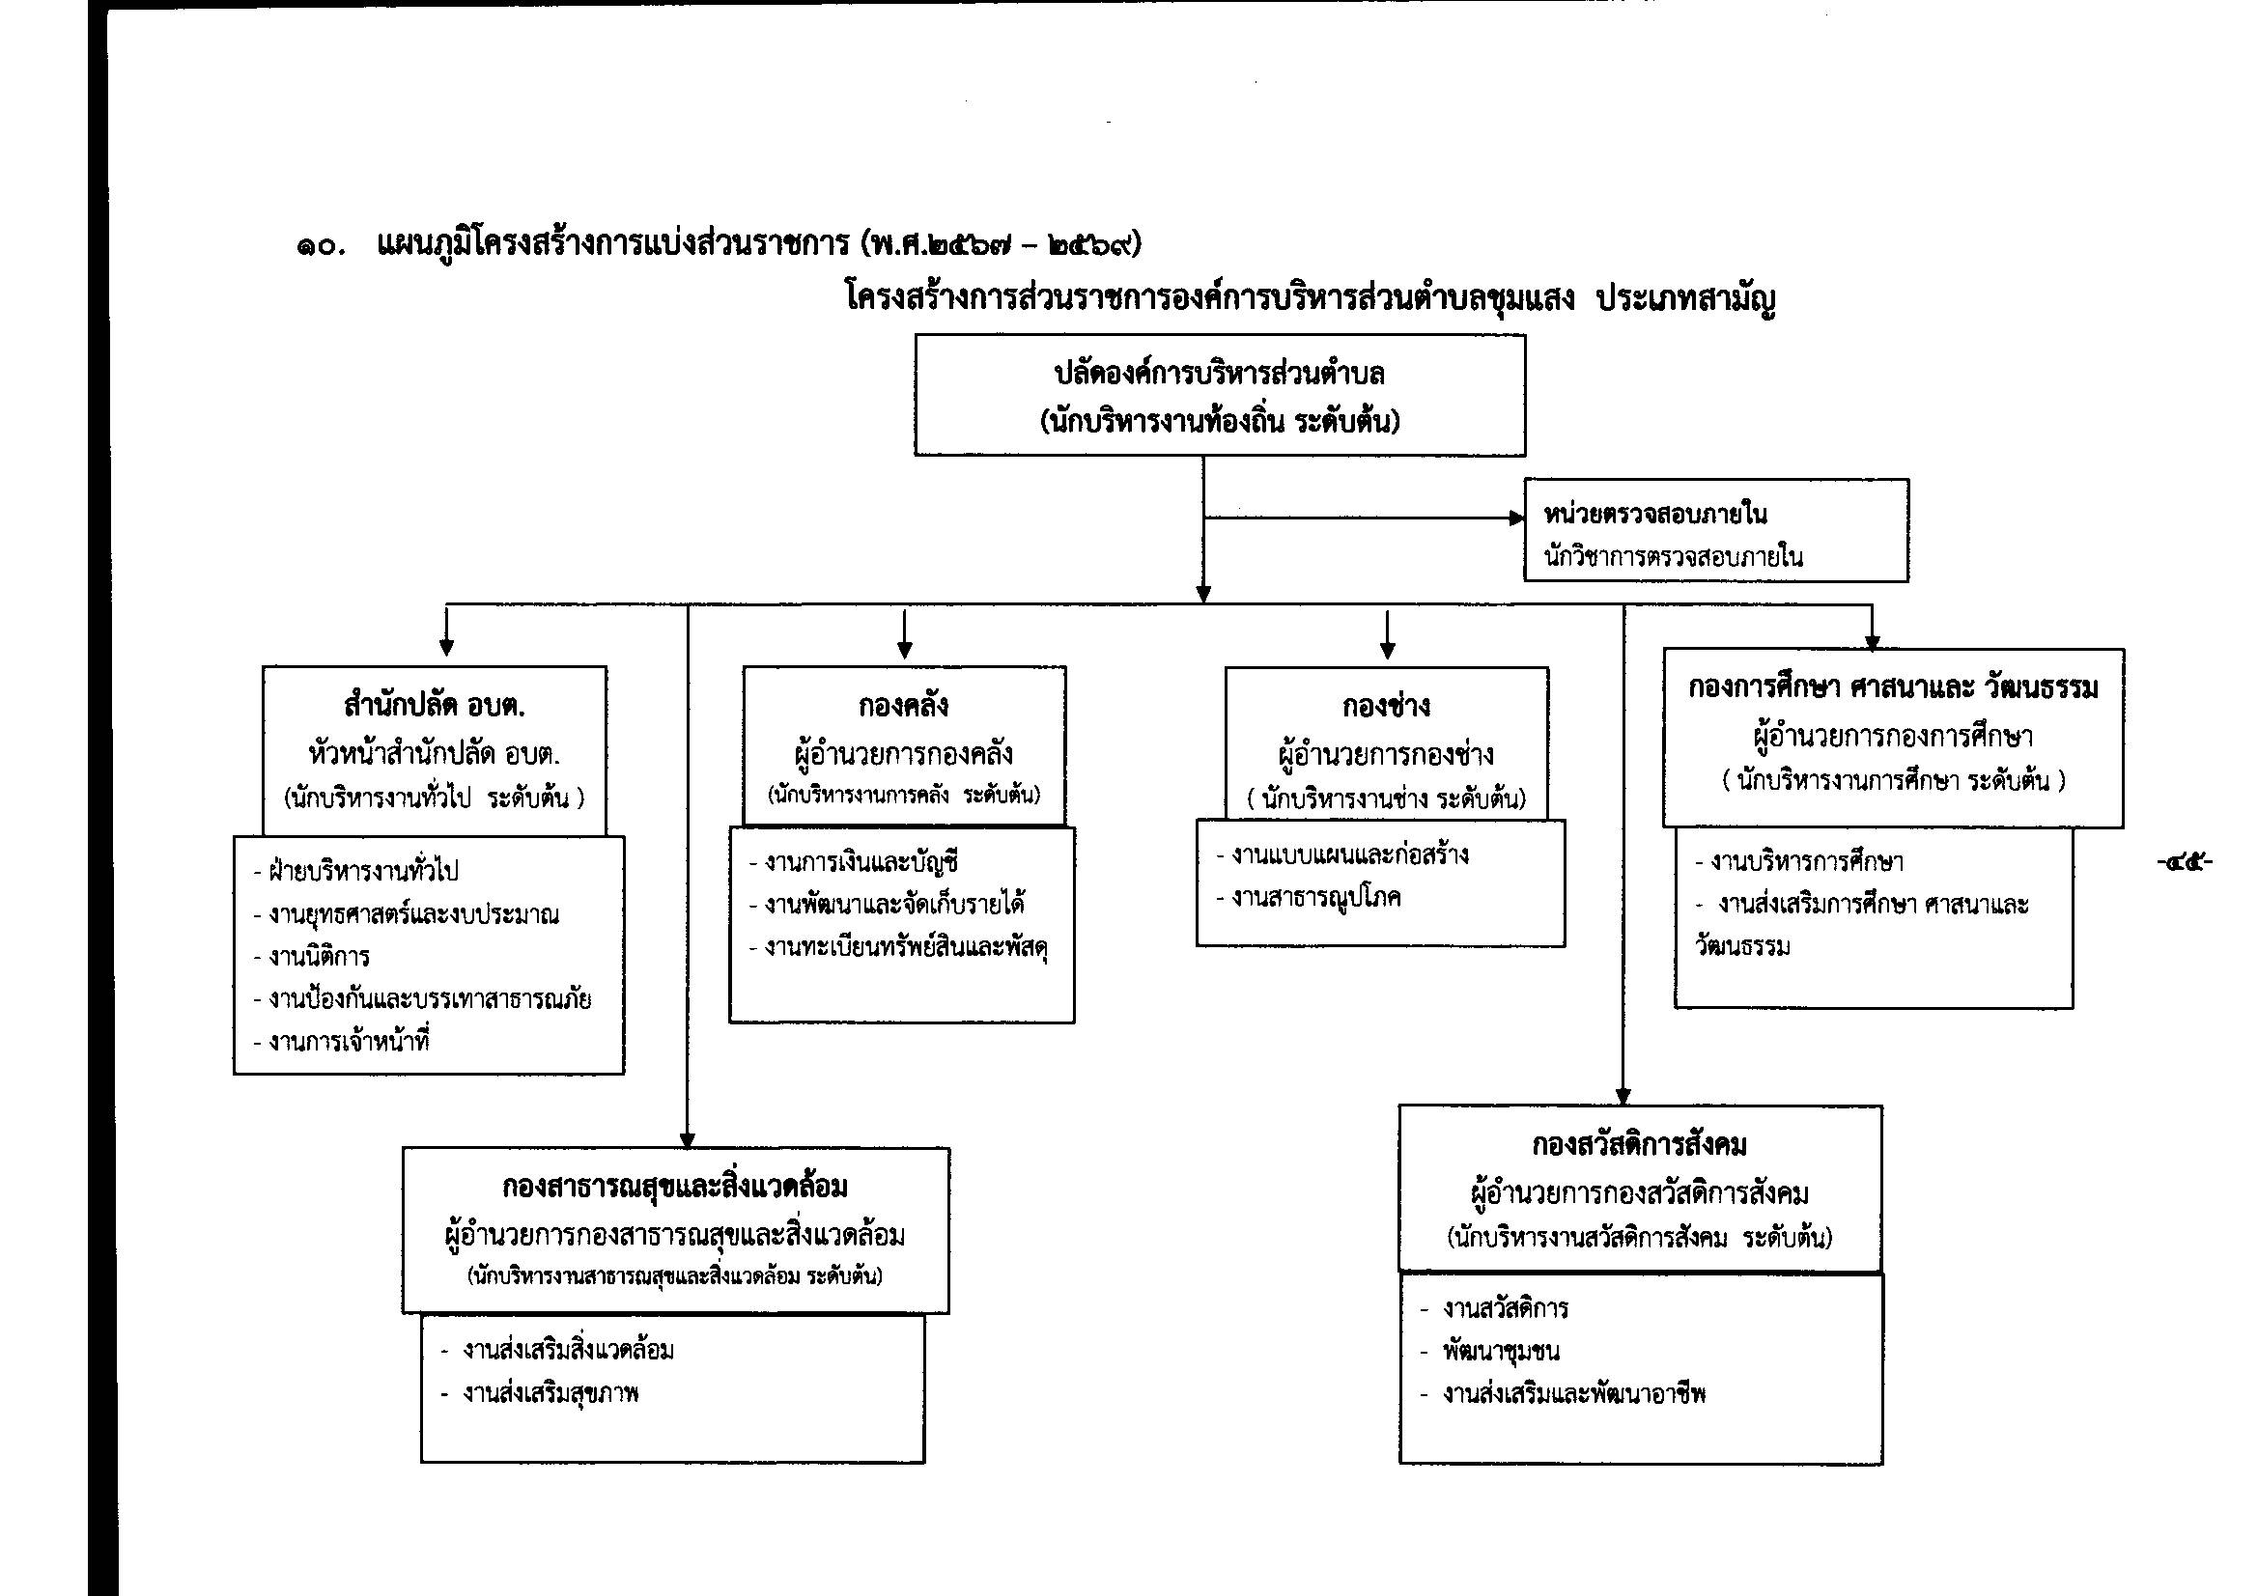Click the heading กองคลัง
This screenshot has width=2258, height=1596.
903,705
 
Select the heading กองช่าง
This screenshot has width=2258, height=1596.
1386,705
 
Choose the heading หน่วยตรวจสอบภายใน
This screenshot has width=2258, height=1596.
1655,514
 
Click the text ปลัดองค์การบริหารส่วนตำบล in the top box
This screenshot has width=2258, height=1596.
1220,374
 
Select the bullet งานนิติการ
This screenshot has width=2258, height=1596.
312,957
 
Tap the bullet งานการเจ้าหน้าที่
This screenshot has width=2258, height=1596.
342,1042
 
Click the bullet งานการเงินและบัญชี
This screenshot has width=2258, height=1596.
854,862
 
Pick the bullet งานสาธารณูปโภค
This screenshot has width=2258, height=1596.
1309,897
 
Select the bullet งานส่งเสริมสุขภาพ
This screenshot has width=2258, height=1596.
540,1393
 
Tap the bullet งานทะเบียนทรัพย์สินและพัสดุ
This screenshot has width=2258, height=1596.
899,947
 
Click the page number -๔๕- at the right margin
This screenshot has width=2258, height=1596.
2185,863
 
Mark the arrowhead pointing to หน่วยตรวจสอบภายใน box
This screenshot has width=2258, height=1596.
1516,518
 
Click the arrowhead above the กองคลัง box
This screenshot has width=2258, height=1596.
905,650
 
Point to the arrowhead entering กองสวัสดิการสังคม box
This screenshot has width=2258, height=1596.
1623,1098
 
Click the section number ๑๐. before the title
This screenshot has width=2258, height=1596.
321,247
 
